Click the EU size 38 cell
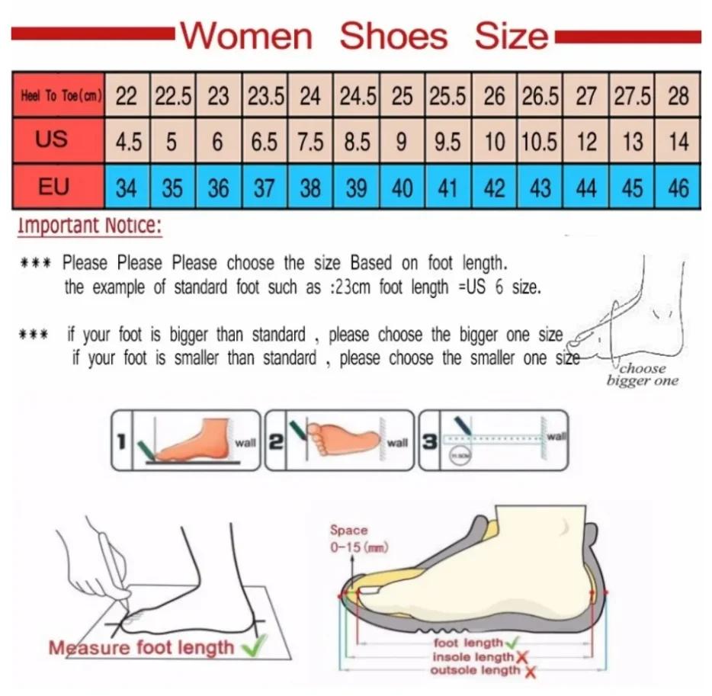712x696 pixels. pos(310,188)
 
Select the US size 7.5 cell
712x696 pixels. pos(310,142)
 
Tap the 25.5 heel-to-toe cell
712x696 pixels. pos(448,96)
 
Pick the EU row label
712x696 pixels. pos(54,186)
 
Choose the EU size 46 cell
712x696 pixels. pos(678,188)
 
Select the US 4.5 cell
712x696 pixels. pos(127,142)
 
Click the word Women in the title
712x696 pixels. pos(247,36)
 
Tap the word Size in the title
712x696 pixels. pos(511,36)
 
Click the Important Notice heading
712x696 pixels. pos(90,226)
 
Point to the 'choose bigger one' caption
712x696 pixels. pos(642,374)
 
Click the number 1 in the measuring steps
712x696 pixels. pos(121,441)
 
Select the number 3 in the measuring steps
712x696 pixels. pos(430,441)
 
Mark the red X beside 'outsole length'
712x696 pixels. pos(529,671)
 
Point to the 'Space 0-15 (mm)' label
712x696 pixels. pos(349,538)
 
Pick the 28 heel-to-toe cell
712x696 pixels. pos(678,96)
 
